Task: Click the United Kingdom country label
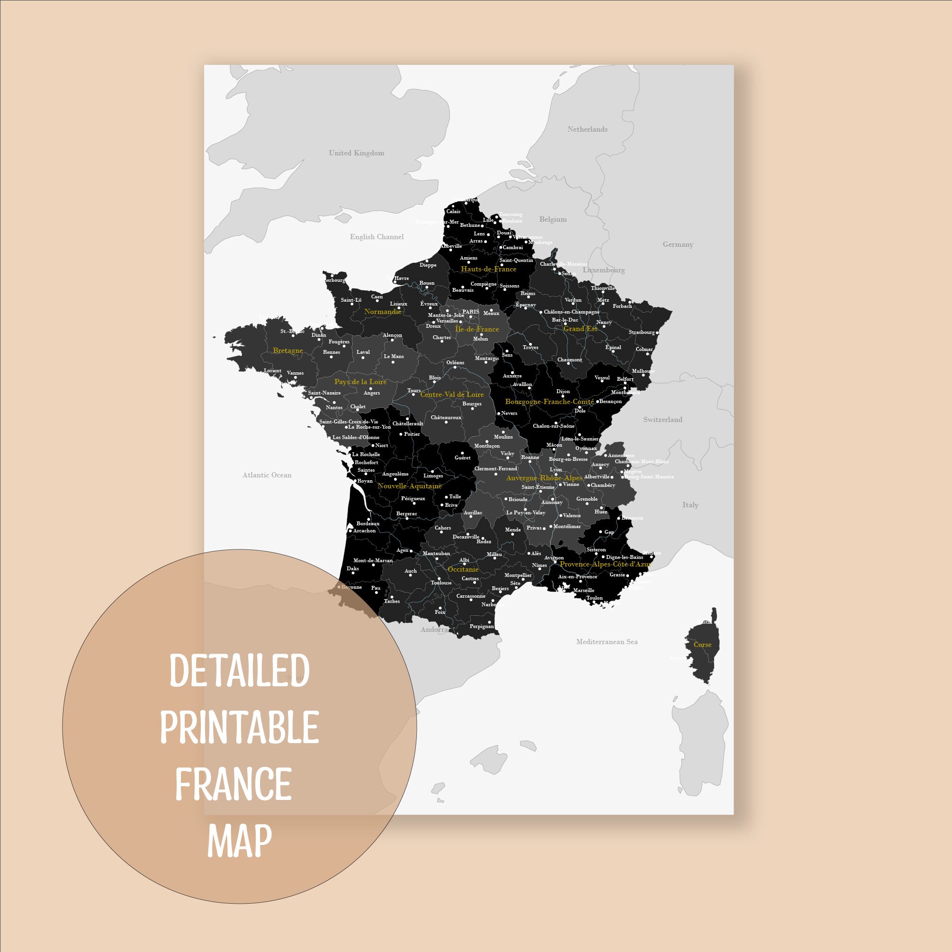click(356, 153)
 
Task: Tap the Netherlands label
click(587, 129)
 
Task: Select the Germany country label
click(678, 244)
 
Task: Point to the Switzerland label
click(662, 420)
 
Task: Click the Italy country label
click(691, 504)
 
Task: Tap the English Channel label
click(377, 237)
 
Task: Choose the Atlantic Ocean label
click(267, 475)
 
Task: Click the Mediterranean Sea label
click(607, 642)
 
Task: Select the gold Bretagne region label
click(288, 351)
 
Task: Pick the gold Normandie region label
click(382, 312)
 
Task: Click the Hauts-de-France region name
click(488, 269)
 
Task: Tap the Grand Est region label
click(580, 329)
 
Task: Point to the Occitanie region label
click(463, 569)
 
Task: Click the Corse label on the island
click(702, 645)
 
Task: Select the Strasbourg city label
click(642, 332)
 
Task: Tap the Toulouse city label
click(441, 583)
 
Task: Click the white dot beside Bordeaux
click(368, 519)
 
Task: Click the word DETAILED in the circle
click(240, 671)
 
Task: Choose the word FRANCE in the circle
click(234, 784)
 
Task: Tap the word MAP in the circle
click(240, 841)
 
